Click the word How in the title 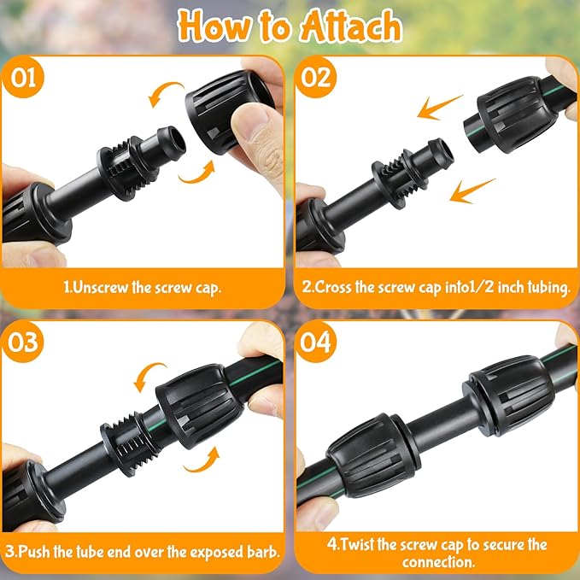(213, 27)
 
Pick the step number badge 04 (318, 342)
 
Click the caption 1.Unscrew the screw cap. (143, 288)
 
